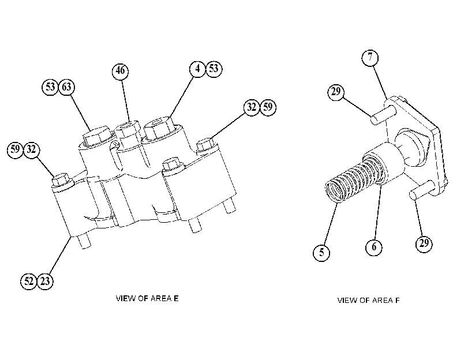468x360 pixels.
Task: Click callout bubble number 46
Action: (120, 71)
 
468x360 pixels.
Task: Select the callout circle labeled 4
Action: (197, 69)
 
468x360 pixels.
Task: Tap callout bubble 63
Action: (66, 87)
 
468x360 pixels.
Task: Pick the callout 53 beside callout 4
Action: (214, 69)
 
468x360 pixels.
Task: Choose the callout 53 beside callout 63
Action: (50, 87)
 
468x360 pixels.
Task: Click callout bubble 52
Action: (29, 281)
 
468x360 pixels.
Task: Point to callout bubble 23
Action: (45, 281)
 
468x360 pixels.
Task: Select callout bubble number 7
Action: (370, 57)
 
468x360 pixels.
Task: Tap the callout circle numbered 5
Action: (321, 253)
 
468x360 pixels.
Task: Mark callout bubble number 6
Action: (374, 247)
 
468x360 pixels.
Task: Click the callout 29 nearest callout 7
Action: (336, 92)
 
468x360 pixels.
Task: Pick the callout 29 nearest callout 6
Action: (424, 243)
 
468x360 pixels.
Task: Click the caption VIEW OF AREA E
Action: (147, 298)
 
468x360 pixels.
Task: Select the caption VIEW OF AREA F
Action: (368, 300)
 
